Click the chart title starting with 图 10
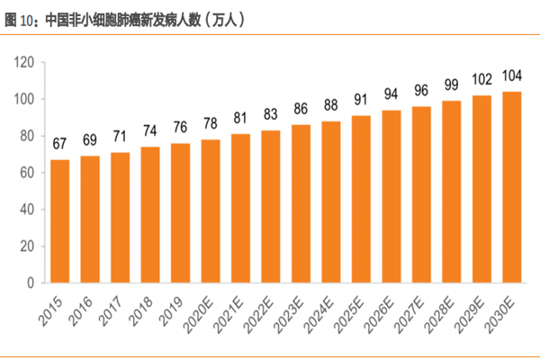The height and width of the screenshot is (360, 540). tap(126, 18)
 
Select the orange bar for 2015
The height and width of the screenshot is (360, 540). tap(60, 220)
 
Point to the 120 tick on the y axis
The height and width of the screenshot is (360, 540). tap(23, 62)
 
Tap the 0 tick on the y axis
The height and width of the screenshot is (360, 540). tap(30, 283)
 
